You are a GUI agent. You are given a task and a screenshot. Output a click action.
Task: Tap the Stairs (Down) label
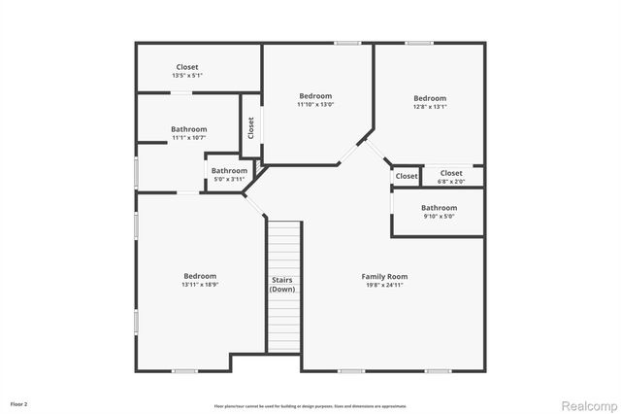coord(282,285)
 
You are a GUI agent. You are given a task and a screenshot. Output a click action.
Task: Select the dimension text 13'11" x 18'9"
coord(199,285)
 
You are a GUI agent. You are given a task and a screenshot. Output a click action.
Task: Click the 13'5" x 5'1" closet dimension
coord(187,75)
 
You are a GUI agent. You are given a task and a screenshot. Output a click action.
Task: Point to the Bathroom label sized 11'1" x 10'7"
coord(189,129)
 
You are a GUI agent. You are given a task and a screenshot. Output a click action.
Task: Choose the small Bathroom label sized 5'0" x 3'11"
coord(230,171)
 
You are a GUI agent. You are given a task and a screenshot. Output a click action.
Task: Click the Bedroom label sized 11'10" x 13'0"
coord(315,95)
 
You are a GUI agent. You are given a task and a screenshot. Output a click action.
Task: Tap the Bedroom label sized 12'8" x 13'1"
coord(430,98)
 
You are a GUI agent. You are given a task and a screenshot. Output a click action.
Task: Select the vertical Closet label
coord(251,127)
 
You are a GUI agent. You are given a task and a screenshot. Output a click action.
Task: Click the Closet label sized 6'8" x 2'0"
coord(451,173)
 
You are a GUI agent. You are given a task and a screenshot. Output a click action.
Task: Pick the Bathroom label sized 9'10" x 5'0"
coord(439,207)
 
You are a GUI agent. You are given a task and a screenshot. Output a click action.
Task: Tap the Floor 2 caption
coord(19,402)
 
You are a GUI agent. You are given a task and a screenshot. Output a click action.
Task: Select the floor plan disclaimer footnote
coord(310,406)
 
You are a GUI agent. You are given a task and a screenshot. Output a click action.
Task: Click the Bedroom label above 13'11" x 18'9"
coord(199,276)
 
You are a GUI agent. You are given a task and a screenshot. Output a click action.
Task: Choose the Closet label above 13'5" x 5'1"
coord(187,67)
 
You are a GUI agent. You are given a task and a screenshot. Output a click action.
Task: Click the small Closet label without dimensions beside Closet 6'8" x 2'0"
coord(407,176)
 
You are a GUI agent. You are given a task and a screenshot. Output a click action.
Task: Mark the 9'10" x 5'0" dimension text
coord(439,216)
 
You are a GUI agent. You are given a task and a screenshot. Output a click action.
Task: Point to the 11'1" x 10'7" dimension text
coord(189,138)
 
